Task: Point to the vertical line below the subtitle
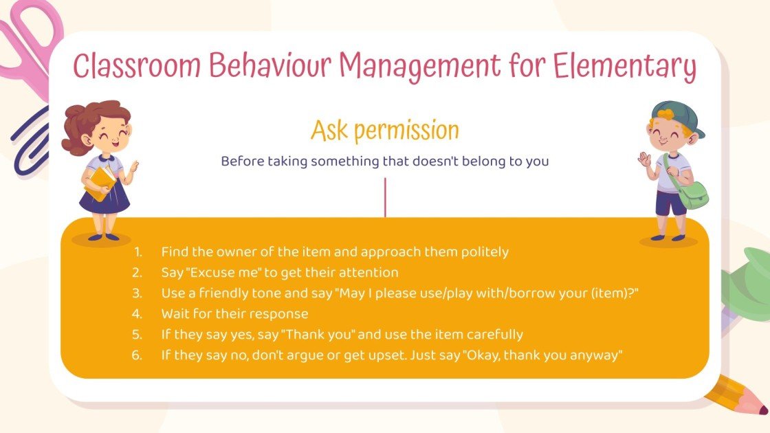[x=385, y=197]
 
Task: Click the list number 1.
[x=137, y=252]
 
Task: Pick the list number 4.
[x=137, y=313]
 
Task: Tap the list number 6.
[x=137, y=355]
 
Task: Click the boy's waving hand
[x=644, y=159]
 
